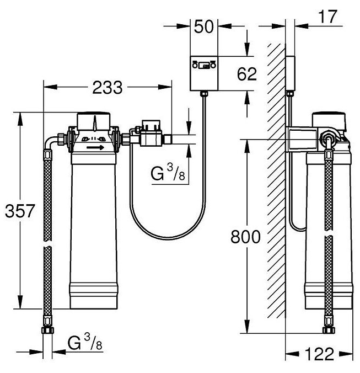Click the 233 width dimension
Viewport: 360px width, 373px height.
coord(108,87)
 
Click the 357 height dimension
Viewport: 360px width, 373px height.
coord(20,211)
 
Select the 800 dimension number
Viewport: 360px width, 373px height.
coord(245,237)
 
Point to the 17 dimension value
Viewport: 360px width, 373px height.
coord(327,17)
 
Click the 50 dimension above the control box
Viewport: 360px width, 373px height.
coord(204,26)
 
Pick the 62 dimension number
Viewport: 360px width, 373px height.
coord(247,74)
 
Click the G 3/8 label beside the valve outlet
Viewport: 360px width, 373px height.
coord(168,173)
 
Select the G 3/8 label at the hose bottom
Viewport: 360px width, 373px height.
coord(85,342)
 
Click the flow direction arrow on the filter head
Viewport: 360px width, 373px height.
coord(95,147)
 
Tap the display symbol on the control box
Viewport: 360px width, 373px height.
coord(204,65)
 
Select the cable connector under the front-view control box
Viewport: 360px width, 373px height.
coord(204,93)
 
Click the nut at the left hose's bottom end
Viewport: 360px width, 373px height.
coord(47,330)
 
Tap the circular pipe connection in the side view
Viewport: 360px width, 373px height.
coord(328,140)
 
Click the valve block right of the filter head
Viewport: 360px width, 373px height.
coord(151,134)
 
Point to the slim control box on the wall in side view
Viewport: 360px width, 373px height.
coord(290,73)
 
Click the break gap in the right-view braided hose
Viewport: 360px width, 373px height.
coord(329,233)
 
